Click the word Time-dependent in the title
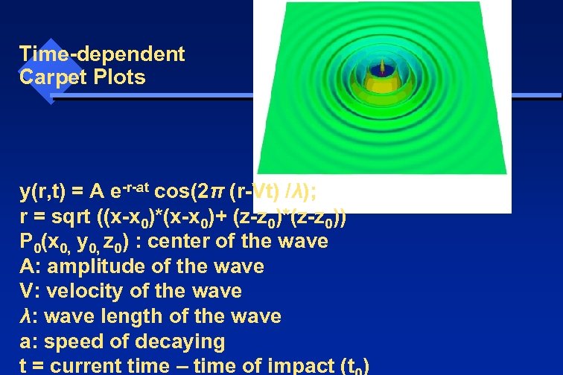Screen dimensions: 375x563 point(102,54)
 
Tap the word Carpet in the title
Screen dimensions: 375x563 point(51,77)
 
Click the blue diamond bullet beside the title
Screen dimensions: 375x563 point(49,71)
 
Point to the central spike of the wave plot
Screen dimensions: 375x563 point(384,67)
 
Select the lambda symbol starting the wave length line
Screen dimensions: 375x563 point(25,316)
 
